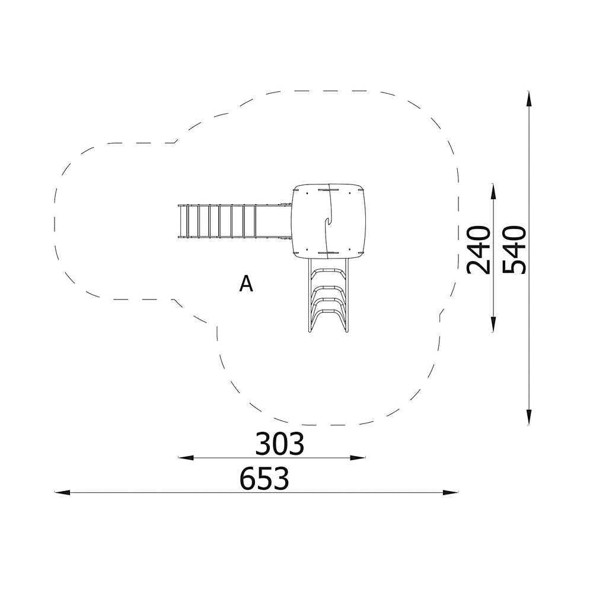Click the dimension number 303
(x=279, y=444)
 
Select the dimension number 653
(x=264, y=478)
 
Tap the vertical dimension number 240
(x=479, y=250)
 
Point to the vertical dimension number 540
(x=514, y=250)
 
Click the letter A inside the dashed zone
(x=246, y=283)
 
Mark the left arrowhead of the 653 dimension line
(x=62, y=492)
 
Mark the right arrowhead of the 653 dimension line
(x=451, y=492)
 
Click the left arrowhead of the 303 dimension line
(x=186, y=458)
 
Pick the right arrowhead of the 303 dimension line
(x=358, y=458)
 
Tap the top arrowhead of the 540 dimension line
(x=529, y=99)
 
